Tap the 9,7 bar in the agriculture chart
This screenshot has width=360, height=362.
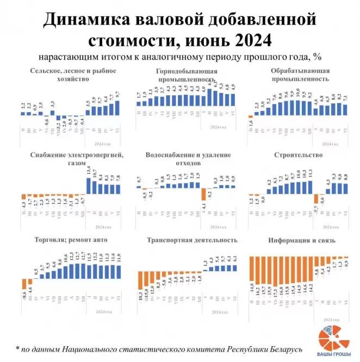point(118,108)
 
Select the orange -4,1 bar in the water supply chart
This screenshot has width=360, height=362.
point(203,194)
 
